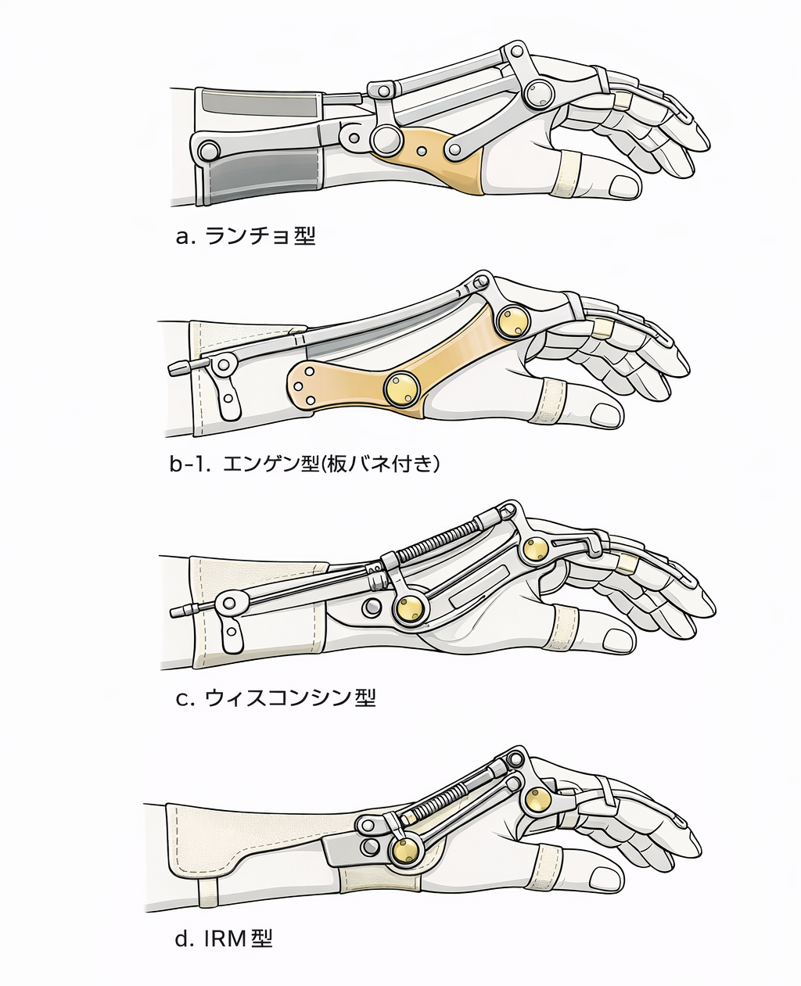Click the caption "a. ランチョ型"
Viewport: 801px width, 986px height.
[246, 235]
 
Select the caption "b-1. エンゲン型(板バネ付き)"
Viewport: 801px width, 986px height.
[305, 464]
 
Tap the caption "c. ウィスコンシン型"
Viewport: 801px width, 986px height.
[275, 697]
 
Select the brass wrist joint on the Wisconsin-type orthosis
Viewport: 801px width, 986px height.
[411, 609]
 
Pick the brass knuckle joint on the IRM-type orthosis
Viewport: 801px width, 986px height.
[538, 801]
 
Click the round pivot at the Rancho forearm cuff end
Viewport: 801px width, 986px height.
[208, 149]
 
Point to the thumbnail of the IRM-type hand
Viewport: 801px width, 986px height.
[607, 876]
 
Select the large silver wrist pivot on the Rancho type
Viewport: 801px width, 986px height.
[385, 140]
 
